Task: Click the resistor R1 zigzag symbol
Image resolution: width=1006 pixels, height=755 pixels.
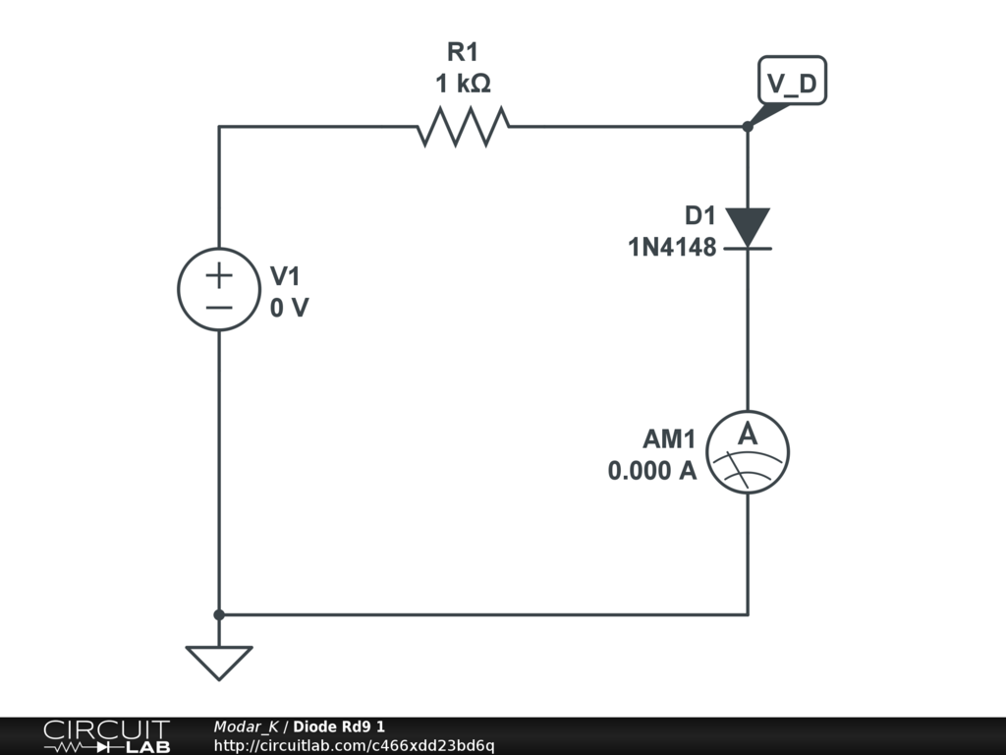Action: click(463, 127)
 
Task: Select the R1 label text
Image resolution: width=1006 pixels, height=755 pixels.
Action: click(463, 52)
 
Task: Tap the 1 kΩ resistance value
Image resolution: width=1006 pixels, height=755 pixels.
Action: click(463, 85)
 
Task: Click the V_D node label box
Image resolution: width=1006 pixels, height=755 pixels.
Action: click(792, 85)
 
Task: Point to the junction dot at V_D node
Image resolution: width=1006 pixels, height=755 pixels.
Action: click(748, 127)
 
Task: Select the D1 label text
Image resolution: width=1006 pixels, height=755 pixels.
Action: click(700, 215)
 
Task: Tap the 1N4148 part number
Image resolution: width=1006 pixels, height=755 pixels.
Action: click(672, 247)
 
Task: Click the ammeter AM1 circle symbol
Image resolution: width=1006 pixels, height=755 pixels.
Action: click(748, 451)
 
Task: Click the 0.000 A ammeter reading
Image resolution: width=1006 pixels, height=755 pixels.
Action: click(652, 471)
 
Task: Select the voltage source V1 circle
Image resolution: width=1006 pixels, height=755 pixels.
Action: click(218, 289)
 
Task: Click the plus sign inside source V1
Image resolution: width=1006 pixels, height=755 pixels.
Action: click(218, 274)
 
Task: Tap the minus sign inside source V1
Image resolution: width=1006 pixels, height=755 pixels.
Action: click(218, 306)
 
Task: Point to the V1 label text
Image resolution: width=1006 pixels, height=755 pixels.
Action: click(285, 276)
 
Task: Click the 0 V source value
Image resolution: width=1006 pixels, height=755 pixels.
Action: click(289, 308)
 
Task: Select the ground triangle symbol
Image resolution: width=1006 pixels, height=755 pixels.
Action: click(218, 661)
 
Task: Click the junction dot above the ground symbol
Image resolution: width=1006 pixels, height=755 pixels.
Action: click(218, 614)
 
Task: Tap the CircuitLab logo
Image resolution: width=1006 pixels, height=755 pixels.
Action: click(106, 736)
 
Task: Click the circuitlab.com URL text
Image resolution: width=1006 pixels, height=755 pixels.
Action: click(354, 746)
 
